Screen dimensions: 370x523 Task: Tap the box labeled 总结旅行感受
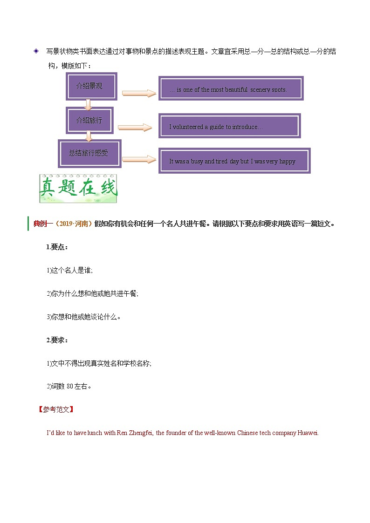pos(89,153)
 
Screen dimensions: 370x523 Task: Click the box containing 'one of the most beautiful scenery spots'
pos(231,88)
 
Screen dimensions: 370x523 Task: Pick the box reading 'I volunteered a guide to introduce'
pos(229,126)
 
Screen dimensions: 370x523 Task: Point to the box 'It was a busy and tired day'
pos(234,161)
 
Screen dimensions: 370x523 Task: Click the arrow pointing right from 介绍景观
pos(139,93)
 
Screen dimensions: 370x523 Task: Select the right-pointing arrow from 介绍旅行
pos(135,127)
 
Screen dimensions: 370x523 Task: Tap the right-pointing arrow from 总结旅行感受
pos(139,159)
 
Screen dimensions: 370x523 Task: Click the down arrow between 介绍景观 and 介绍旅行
pos(87,104)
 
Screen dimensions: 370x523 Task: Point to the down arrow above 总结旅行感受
pos(89,136)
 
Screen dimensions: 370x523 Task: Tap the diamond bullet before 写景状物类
pos(36,51)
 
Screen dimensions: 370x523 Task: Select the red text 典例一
pos(43,224)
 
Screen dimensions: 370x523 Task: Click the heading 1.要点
pos(57,247)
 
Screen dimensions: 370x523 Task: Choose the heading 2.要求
pos(57,340)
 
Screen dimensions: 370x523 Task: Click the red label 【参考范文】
pos(55,409)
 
